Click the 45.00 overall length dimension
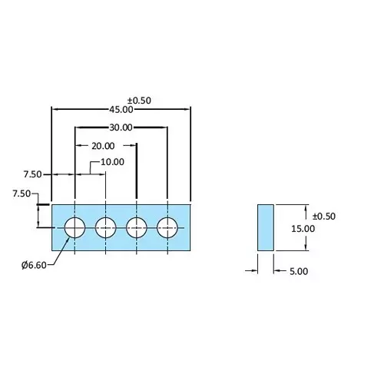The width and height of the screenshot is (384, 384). pos(121,110)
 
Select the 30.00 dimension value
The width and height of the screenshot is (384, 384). pos(121,127)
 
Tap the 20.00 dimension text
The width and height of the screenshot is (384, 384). pos(103,145)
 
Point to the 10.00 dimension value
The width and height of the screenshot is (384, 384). pos(111,162)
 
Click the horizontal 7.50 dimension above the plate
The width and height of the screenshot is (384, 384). pos(32,174)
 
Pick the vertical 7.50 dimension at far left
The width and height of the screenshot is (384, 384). pos(21,195)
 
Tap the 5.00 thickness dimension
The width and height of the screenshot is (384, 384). pos(298,270)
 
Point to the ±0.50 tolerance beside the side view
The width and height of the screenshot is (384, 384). pos(324,216)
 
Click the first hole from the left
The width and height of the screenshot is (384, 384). pos(74,227)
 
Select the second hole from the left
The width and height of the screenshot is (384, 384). pos(105,227)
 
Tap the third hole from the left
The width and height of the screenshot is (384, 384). pos(137,227)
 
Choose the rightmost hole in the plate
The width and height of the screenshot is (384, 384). pos(167,227)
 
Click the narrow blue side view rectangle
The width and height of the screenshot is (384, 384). pos(265,227)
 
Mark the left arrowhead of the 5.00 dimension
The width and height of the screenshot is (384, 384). pos(253,270)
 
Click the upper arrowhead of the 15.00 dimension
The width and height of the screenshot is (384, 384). pos(306,207)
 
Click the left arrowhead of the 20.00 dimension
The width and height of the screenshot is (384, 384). pos(78,145)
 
